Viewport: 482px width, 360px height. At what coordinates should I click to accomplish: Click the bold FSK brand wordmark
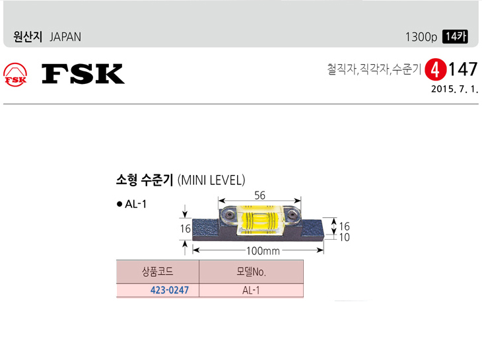click(x=83, y=74)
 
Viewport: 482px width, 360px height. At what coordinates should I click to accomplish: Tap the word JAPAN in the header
click(x=65, y=37)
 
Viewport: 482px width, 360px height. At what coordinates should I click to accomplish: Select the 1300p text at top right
click(x=421, y=37)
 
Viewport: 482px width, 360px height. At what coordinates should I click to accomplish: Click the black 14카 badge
click(x=455, y=37)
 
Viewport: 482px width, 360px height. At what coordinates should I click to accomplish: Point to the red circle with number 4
click(x=434, y=69)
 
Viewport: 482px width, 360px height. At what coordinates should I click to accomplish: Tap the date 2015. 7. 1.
click(x=454, y=88)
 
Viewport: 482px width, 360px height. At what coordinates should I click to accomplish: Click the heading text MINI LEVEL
click(x=212, y=180)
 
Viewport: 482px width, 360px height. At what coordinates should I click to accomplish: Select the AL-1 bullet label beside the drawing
click(x=135, y=205)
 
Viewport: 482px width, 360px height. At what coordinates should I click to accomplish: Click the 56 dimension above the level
click(x=260, y=195)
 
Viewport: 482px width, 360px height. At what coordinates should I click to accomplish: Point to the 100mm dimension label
click(x=263, y=251)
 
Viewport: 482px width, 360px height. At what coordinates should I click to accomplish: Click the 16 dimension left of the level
click(x=186, y=229)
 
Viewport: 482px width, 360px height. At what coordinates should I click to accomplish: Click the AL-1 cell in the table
click(x=251, y=290)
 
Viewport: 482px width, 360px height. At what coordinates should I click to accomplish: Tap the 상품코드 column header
click(x=157, y=271)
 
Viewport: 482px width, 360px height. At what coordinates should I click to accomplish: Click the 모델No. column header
click(x=251, y=271)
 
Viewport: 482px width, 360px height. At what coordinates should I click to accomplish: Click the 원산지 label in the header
click(x=28, y=37)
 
